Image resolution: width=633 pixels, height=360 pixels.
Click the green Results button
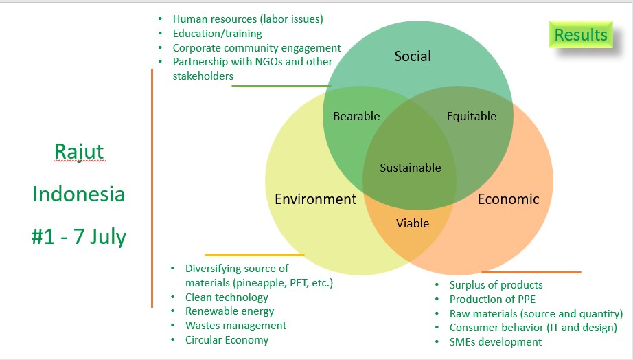[x=580, y=35]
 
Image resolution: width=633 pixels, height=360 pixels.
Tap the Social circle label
[x=412, y=56]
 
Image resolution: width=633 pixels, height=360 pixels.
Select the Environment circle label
[x=315, y=199]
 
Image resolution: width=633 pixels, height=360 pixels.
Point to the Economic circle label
[x=508, y=199]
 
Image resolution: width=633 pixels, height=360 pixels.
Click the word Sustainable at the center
[x=411, y=168]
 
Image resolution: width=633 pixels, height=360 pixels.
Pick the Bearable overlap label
[x=356, y=116]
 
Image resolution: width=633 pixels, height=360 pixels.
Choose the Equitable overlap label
[x=471, y=116]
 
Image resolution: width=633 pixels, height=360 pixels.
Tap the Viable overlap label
[x=413, y=223]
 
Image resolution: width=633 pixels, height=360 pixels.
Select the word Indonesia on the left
[x=78, y=194]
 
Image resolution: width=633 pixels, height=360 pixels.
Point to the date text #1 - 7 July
[x=78, y=237]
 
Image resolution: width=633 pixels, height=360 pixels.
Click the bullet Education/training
[x=217, y=34]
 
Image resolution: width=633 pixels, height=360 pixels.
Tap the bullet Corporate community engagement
[x=257, y=48]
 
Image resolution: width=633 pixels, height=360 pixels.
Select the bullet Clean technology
[x=227, y=297]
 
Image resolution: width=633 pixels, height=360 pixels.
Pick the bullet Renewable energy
[x=229, y=311]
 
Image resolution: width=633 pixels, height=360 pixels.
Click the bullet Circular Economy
[x=227, y=340]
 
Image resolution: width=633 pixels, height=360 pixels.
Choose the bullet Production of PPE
[x=492, y=299]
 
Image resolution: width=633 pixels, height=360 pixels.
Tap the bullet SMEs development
[x=495, y=342]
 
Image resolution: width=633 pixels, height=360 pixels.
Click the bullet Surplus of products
[x=496, y=285]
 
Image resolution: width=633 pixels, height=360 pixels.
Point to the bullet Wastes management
[x=235, y=326]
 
